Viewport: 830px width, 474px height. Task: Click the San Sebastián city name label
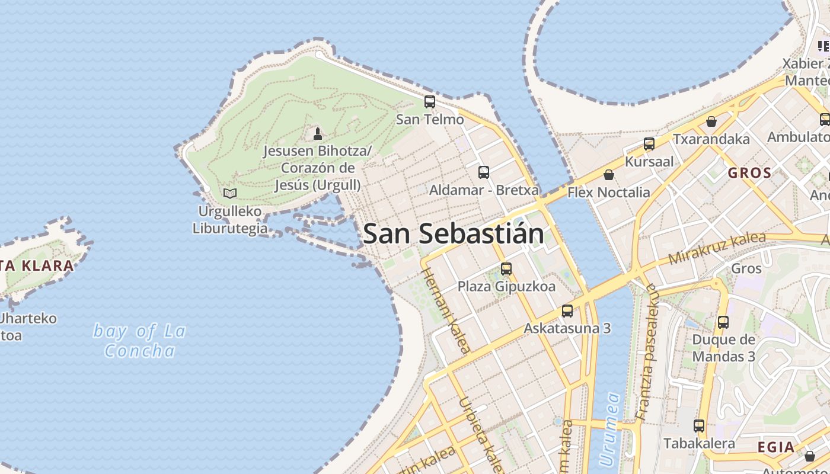[x=454, y=234]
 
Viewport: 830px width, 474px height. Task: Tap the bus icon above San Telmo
[x=430, y=102]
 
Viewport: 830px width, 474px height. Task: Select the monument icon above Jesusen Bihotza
[x=318, y=133]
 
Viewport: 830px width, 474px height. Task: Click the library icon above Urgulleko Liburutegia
[x=230, y=193]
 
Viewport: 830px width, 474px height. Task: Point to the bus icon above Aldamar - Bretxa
[x=484, y=172]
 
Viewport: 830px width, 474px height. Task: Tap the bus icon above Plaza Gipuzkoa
[x=506, y=269]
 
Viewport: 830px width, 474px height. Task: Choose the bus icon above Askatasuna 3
[x=567, y=310]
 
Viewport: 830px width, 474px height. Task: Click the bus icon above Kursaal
[x=649, y=144]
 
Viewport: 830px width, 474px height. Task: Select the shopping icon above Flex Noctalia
[x=608, y=175]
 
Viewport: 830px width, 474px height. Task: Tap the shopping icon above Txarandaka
[x=711, y=121]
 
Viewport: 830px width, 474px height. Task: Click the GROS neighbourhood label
[x=749, y=174]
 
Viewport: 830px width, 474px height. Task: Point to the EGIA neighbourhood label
[x=776, y=447]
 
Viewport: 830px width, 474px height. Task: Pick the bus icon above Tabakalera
[x=699, y=425]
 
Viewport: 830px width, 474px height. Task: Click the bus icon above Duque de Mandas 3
[x=723, y=322]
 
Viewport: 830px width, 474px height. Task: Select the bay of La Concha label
[x=140, y=341]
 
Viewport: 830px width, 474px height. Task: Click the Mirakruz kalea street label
[x=717, y=248]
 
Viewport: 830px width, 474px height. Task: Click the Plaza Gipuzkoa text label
[x=506, y=287]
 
